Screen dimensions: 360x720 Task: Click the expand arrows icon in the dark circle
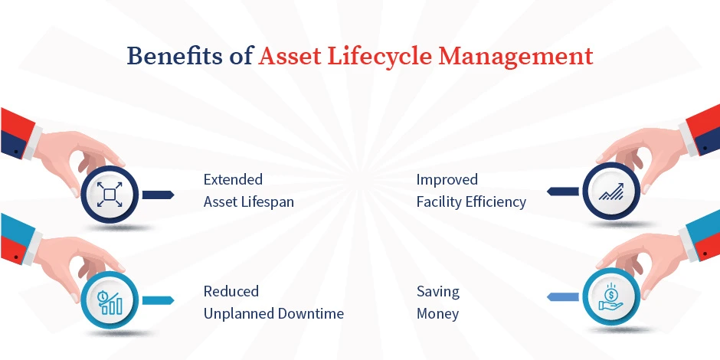109,195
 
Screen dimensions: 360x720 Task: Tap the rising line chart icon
610,192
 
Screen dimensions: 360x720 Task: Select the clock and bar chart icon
109,302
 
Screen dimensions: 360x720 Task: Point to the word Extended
233,180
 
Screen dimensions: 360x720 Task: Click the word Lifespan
270,202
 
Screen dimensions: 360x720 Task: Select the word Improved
447,180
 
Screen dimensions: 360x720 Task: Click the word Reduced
231,291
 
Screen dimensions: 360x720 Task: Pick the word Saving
438,291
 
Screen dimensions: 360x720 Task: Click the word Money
437,314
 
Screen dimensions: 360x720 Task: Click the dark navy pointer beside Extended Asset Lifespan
159,195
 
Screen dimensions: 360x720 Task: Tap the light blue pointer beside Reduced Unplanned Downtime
159,300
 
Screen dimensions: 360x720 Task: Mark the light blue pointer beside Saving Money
562,296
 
